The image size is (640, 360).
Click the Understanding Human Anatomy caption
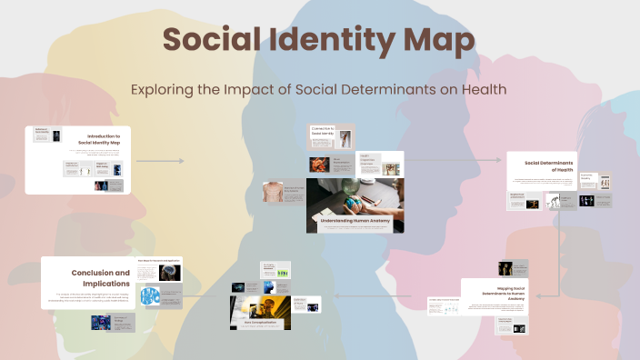click(354, 220)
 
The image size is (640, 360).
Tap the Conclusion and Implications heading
click(99, 277)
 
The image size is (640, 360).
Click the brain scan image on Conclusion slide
click(170, 273)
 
